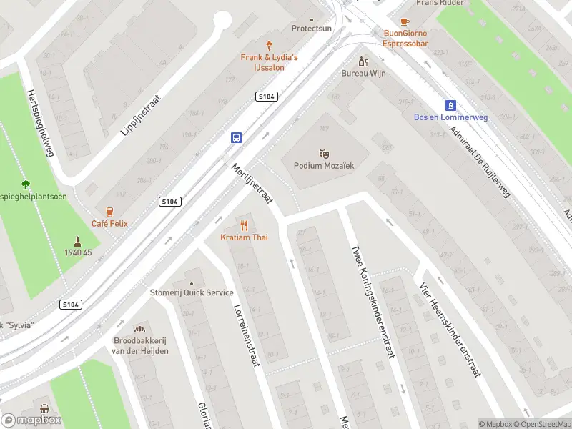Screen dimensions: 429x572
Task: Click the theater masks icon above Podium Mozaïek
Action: [x=324, y=153]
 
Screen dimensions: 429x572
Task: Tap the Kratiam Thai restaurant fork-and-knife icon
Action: [x=244, y=225]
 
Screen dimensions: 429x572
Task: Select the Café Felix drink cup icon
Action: [x=109, y=211]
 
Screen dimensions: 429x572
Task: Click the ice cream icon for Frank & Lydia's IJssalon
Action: [x=270, y=44]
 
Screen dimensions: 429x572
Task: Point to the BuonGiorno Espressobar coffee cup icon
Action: [x=405, y=21]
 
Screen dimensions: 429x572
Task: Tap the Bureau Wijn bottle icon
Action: [x=363, y=61]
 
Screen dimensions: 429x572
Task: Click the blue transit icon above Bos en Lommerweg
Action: [x=450, y=104]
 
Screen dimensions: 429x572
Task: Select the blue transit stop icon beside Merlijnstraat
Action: [x=235, y=137]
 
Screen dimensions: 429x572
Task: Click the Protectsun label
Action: [x=311, y=29]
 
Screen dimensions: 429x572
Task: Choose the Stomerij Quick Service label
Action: [x=191, y=292]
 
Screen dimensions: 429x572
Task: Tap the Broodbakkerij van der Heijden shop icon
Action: [x=141, y=328]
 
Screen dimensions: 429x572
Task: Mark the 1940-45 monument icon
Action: [x=78, y=241]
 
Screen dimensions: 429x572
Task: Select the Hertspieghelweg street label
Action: [x=40, y=123]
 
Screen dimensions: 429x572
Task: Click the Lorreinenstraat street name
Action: [x=245, y=336]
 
